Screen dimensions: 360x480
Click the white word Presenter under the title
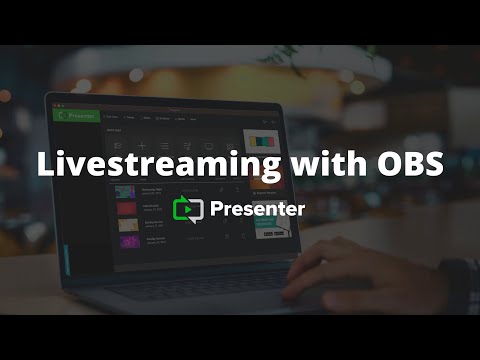click(x=258, y=209)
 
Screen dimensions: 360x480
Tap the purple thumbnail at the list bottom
click(x=129, y=242)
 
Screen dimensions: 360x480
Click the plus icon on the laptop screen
click(x=142, y=146)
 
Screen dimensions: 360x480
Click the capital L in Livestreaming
click(x=45, y=165)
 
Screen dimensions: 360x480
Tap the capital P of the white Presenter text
click(x=218, y=209)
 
